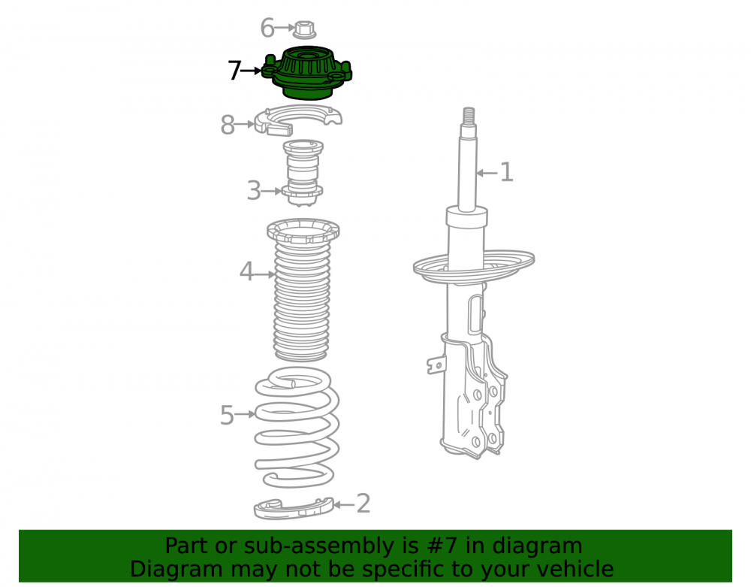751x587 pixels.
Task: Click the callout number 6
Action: tap(267, 28)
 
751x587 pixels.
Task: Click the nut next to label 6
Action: tap(303, 29)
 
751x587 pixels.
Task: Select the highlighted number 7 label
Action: tap(234, 71)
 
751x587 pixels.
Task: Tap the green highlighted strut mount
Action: tap(307, 73)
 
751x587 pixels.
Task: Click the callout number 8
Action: tap(228, 125)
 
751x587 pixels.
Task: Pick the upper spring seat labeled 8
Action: tap(297, 120)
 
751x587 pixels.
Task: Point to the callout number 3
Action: tap(254, 191)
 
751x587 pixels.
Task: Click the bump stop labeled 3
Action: tap(303, 173)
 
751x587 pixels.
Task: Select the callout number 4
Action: tap(246, 271)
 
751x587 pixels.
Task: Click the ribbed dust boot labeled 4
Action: tap(302, 290)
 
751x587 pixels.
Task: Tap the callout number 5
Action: tap(227, 415)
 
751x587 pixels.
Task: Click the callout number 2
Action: tap(363, 504)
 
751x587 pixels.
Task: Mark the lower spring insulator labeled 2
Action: tap(293, 508)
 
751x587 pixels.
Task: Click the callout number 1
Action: tap(506, 172)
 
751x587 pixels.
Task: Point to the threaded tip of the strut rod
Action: tap(469, 115)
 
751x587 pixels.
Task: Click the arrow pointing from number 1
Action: tap(487, 173)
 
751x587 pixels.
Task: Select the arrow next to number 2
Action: tap(344, 504)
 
